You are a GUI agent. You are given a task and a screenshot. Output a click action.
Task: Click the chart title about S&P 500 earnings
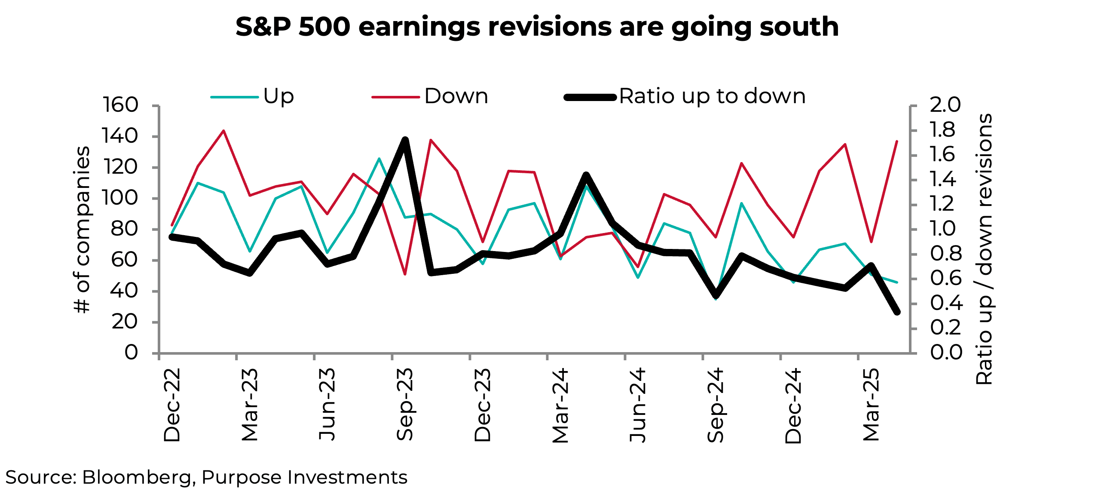(537, 27)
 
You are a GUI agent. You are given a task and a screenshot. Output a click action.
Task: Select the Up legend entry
(278, 96)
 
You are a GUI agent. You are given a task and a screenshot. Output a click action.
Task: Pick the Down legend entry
(456, 96)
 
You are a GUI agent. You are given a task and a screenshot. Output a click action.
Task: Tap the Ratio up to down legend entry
(712, 96)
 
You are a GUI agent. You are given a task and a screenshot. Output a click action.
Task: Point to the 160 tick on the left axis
(120, 105)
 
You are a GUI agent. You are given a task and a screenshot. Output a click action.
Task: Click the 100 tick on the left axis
(120, 198)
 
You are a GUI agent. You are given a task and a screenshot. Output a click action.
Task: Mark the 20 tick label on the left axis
(125, 322)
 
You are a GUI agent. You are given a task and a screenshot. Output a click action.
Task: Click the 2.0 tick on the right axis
(945, 105)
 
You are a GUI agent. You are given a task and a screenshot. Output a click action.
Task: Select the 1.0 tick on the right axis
(945, 229)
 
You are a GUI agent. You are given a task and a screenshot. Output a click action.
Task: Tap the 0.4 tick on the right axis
(945, 303)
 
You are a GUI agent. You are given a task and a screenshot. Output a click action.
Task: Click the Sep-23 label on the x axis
(404, 404)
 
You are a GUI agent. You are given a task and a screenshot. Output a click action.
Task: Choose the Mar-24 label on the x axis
(560, 405)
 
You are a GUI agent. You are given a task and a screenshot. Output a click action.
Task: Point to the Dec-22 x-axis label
(172, 405)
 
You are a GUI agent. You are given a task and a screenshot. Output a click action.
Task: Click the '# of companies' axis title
(82, 230)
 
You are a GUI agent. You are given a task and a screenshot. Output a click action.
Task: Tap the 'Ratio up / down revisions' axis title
(984, 249)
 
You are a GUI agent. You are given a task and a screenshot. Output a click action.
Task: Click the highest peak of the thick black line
(405, 140)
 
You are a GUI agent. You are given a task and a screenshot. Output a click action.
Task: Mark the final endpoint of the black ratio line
(897, 312)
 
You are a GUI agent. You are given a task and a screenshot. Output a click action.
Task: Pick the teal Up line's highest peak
(379, 159)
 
